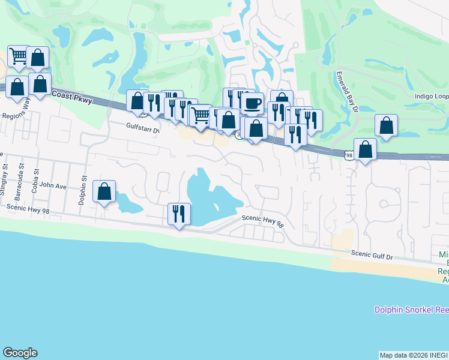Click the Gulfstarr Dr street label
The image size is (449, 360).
pyautogui.click(x=143, y=128)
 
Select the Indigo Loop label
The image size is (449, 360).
pyautogui.click(x=431, y=96)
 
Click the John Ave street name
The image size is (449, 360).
pyautogui.click(x=53, y=187)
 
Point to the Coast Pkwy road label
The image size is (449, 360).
pyautogui.click(x=73, y=98)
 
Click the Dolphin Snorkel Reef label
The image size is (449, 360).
pyautogui.click(x=411, y=310)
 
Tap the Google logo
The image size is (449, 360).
pyautogui.click(x=20, y=353)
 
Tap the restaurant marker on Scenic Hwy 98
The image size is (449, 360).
pyautogui.click(x=179, y=214)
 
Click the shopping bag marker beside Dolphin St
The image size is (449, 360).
pyautogui.click(x=104, y=192)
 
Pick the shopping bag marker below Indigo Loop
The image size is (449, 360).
pyautogui.click(x=387, y=125)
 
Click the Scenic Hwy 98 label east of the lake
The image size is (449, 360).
pyautogui.click(x=262, y=221)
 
